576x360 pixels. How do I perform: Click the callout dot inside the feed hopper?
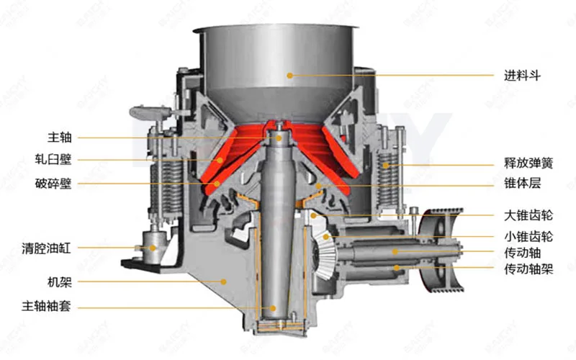coord(290,74)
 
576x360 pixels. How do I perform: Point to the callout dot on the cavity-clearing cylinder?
coord(153,248)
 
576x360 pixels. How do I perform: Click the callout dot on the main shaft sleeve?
coord(271,307)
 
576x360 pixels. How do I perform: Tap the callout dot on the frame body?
coord(224,280)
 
